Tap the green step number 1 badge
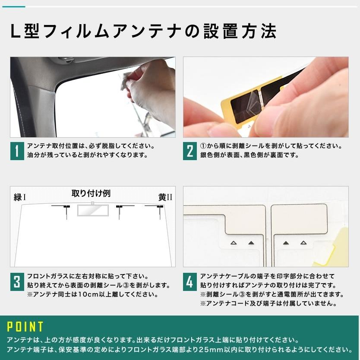pyautogui.click(x=17, y=151)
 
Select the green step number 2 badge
pyautogui.click(x=190, y=151)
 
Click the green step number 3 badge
pyautogui.click(x=17, y=282)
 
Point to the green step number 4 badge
pyautogui.click(x=190, y=282)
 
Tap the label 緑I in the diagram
pyautogui.click(x=20, y=197)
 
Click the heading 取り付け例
pyautogui.click(x=91, y=193)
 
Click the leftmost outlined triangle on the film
pyautogui.click(x=234, y=243)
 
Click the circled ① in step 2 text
pyautogui.click(x=203, y=146)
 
